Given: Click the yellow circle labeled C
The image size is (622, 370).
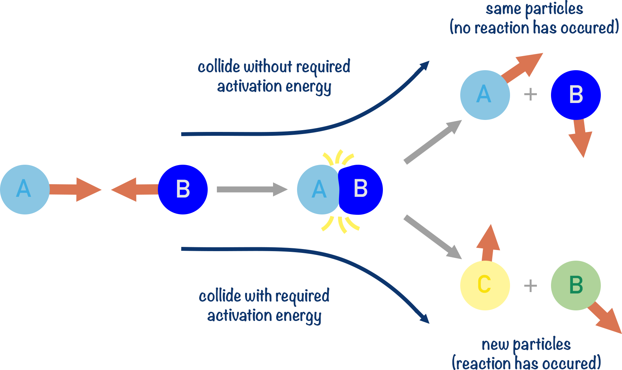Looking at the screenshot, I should tap(485, 285).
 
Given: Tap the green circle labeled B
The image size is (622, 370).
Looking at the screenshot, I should tap(575, 285).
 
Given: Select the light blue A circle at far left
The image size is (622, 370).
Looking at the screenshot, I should tap(24, 189).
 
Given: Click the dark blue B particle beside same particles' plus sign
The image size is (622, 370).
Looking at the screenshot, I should tap(575, 95).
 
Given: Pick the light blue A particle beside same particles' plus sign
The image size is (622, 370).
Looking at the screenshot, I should tap(485, 95).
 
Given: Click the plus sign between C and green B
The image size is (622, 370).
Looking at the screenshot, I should tap(530, 285).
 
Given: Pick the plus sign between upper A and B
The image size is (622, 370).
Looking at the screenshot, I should tap(530, 95).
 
